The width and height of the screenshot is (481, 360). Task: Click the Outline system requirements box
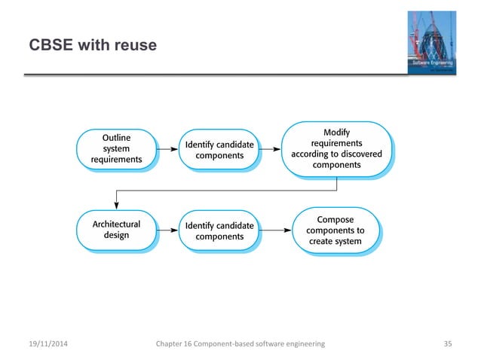pyautogui.click(x=116, y=148)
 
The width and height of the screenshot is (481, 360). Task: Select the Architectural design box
pyautogui.click(x=116, y=229)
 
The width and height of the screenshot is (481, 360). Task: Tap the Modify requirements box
pyautogui.click(x=336, y=148)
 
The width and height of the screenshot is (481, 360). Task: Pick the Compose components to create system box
pyautogui.click(x=336, y=230)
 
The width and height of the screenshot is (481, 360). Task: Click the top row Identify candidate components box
pyautogui.click(x=219, y=149)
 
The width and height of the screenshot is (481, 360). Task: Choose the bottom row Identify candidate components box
pyautogui.click(x=219, y=230)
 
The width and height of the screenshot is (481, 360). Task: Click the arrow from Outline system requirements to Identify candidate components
pyautogui.click(x=168, y=149)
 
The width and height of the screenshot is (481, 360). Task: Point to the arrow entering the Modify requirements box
pyautogui.click(x=272, y=149)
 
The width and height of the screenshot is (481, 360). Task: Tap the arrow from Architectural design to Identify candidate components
pyautogui.click(x=168, y=230)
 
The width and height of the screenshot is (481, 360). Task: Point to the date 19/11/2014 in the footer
pyautogui.click(x=46, y=343)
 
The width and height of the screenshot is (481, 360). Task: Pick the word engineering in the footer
pyautogui.click(x=302, y=343)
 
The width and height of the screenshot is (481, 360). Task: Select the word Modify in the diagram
pyautogui.click(x=336, y=133)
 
